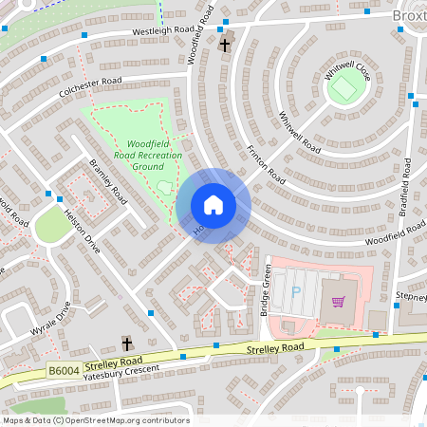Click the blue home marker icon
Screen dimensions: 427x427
(x=213, y=205)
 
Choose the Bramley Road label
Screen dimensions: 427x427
(x=108, y=181)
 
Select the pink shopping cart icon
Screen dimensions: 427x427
(x=339, y=302)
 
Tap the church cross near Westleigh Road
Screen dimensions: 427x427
(x=226, y=44)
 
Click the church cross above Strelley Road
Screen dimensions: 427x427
(x=126, y=343)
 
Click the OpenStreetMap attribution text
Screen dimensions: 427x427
(x=95, y=420)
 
